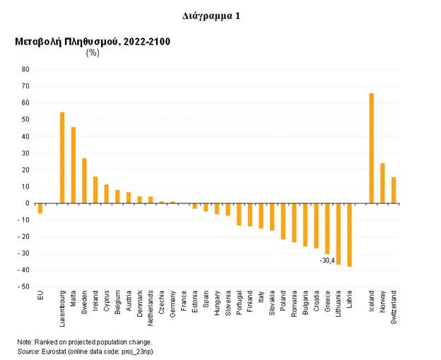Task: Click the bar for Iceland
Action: coord(371,148)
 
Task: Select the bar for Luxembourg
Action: coord(62,158)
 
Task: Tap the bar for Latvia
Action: coord(349,235)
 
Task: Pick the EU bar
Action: coord(40,208)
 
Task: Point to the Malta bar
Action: coord(73,165)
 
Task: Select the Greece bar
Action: coord(327,228)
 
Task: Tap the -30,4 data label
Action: coord(327,260)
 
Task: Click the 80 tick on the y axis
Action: coord(25,69)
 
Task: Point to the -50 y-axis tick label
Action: coord(24,287)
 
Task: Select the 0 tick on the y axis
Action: coord(28,204)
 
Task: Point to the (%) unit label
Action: coord(93,52)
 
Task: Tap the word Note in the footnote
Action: coord(25,342)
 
